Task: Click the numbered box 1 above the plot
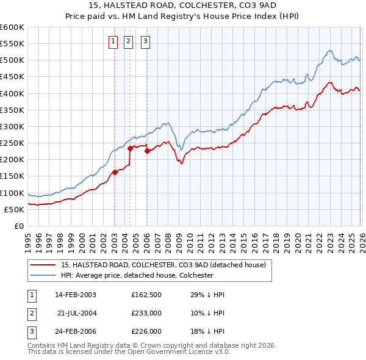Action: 113,41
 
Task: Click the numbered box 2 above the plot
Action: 129,41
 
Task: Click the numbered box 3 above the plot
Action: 146,41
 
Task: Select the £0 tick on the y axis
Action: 20,226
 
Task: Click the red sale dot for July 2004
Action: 130,148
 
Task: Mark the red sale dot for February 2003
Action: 115,172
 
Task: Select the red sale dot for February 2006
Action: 147,151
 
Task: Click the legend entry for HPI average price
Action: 137,275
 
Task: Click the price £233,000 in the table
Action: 146,313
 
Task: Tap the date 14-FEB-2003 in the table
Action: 76,294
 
